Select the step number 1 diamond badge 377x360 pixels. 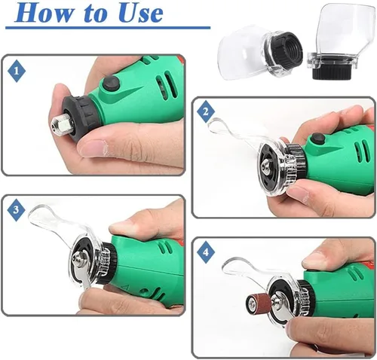[17, 71]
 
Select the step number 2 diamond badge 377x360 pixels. [206, 111]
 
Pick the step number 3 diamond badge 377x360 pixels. [16, 209]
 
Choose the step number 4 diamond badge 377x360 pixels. [206, 252]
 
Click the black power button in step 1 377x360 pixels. [111, 84]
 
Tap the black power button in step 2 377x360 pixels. [317, 139]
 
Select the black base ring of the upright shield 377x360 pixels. [332, 72]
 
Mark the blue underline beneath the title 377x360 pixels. [108, 28]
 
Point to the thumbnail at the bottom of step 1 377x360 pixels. [93, 148]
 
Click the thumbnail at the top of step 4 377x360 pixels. [314, 261]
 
